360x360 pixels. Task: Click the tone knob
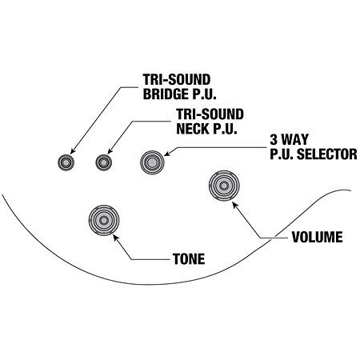click(x=104, y=220)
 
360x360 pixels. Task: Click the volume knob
click(x=224, y=186)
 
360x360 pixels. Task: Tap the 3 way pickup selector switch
click(x=152, y=162)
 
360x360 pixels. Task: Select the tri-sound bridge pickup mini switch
click(x=66, y=162)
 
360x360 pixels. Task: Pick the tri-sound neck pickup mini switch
click(x=104, y=162)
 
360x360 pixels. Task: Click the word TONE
click(x=189, y=259)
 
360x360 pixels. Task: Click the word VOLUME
click(x=317, y=237)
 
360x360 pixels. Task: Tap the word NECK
click(x=193, y=129)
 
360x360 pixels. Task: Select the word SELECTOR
click(x=327, y=154)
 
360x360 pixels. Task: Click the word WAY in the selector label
click(x=294, y=140)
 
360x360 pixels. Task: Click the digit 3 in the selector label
click(x=274, y=140)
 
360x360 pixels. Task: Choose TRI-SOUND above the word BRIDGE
click(x=177, y=79)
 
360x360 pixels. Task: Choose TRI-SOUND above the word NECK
click(x=210, y=114)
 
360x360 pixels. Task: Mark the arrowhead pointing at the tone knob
click(x=115, y=238)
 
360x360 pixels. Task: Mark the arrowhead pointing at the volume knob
click(x=235, y=205)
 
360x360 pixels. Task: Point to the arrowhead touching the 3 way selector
click(x=167, y=154)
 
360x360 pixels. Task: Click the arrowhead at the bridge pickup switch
click(x=73, y=151)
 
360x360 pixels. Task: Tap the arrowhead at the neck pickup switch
click(x=110, y=151)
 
